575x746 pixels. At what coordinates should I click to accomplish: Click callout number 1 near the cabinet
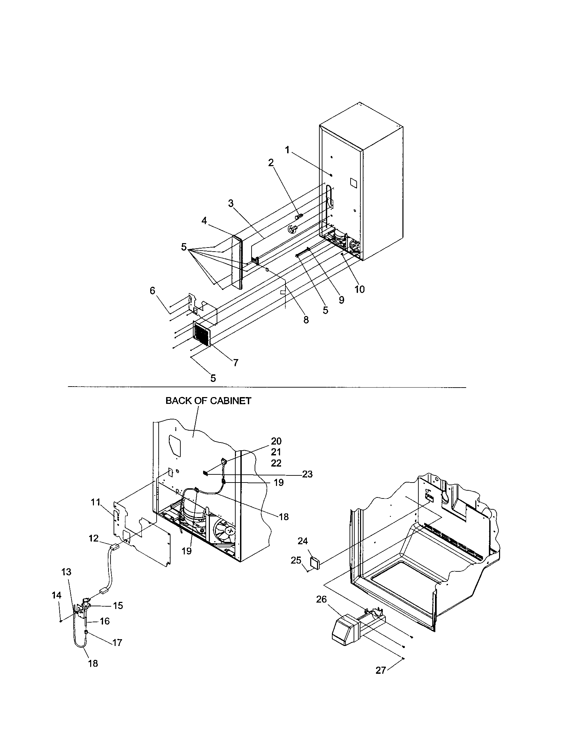click(287, 150)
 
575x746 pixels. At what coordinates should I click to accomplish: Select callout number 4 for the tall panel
click(204, 221)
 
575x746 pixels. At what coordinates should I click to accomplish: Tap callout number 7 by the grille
click(236, 363)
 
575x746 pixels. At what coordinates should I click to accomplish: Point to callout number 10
click(359, 289)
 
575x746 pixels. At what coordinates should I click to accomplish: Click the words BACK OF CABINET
click(208, 401)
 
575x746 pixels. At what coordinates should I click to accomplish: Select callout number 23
click(307, 474)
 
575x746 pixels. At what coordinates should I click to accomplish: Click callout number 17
click(117, 643)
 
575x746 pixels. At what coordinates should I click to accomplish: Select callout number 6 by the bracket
click(152, 291)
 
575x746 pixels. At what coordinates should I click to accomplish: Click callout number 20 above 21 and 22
click(276, 441)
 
